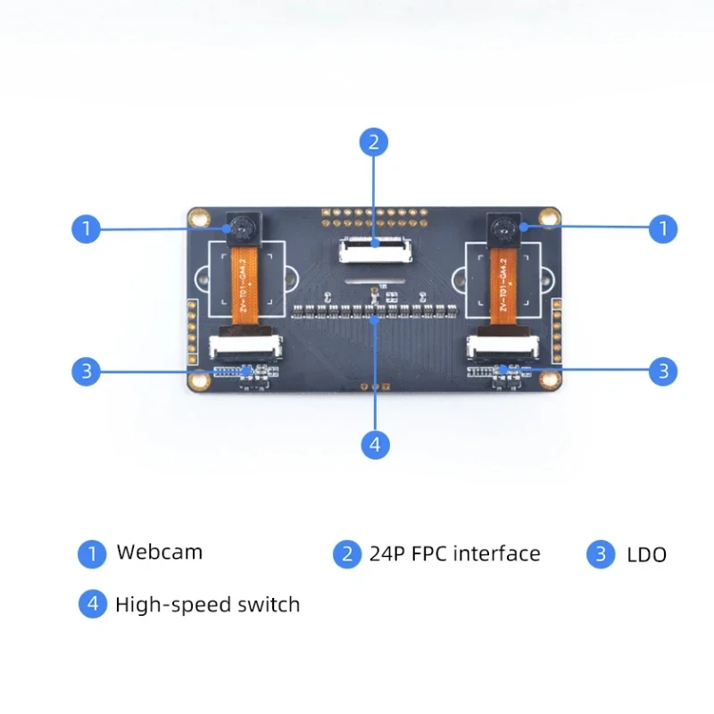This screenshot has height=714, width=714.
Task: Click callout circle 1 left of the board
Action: point(86,228)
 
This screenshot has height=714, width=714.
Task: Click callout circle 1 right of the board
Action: point(662,228)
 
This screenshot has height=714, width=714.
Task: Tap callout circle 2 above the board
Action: point(374,141)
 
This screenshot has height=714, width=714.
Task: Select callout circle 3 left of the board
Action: point(86,371)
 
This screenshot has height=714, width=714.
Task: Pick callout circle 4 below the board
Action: point(374,444)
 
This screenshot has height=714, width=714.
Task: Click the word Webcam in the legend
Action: point(159,552)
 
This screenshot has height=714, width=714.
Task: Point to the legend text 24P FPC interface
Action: point(454,554)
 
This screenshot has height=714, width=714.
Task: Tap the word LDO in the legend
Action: point(646,555)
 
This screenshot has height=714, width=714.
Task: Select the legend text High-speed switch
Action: point(207,604)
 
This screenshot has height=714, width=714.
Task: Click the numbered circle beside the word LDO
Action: point(601,554)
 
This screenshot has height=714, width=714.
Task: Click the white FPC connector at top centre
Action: point(375,248)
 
